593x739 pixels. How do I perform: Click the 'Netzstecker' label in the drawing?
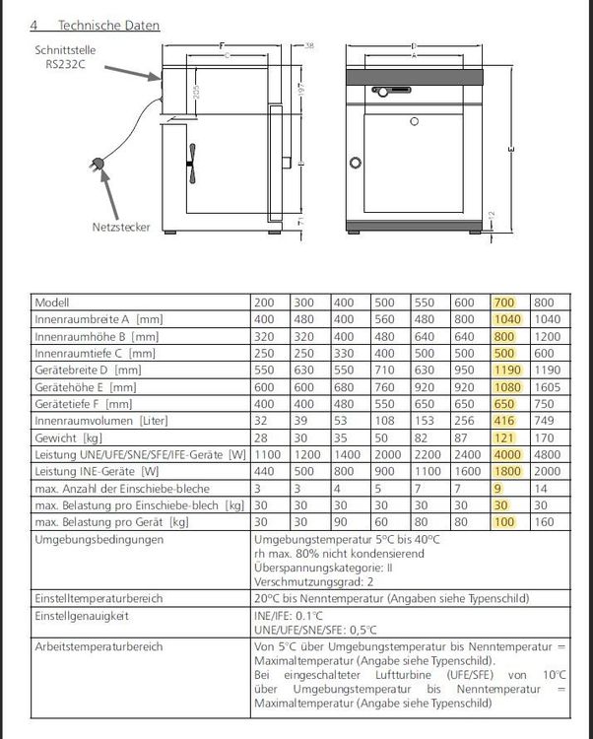122,227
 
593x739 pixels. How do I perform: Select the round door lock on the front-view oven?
358,163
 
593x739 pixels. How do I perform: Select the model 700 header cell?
504,302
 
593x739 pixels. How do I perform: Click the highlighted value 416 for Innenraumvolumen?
504,420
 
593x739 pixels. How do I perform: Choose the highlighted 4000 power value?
506,453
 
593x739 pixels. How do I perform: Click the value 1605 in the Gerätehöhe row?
547,386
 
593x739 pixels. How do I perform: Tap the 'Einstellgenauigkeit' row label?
78,615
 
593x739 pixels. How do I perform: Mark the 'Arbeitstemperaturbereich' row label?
92,646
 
